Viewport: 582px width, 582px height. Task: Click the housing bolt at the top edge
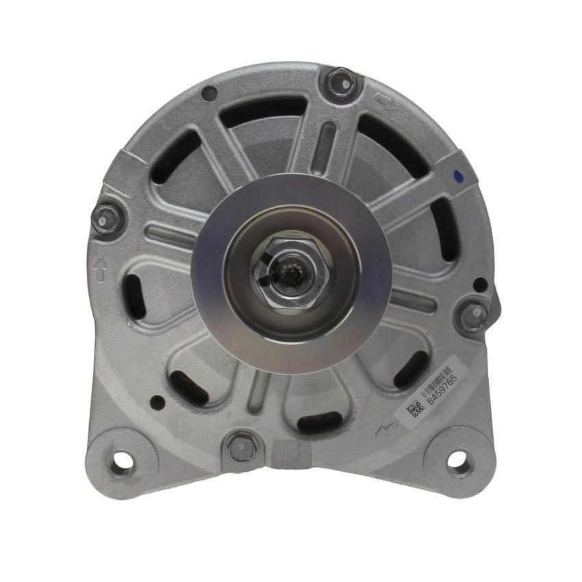point(340,81)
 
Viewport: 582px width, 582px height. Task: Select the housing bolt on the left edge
point(106,218)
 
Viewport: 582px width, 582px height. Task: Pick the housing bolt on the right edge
point(473,316)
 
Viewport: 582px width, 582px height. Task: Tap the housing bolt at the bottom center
point(242,446)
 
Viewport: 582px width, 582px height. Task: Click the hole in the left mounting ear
point(122,463)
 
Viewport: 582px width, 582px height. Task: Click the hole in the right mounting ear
point(456,459)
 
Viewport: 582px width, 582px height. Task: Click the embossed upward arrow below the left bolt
point(101,267)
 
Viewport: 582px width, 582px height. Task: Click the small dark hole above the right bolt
point(480,283)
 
